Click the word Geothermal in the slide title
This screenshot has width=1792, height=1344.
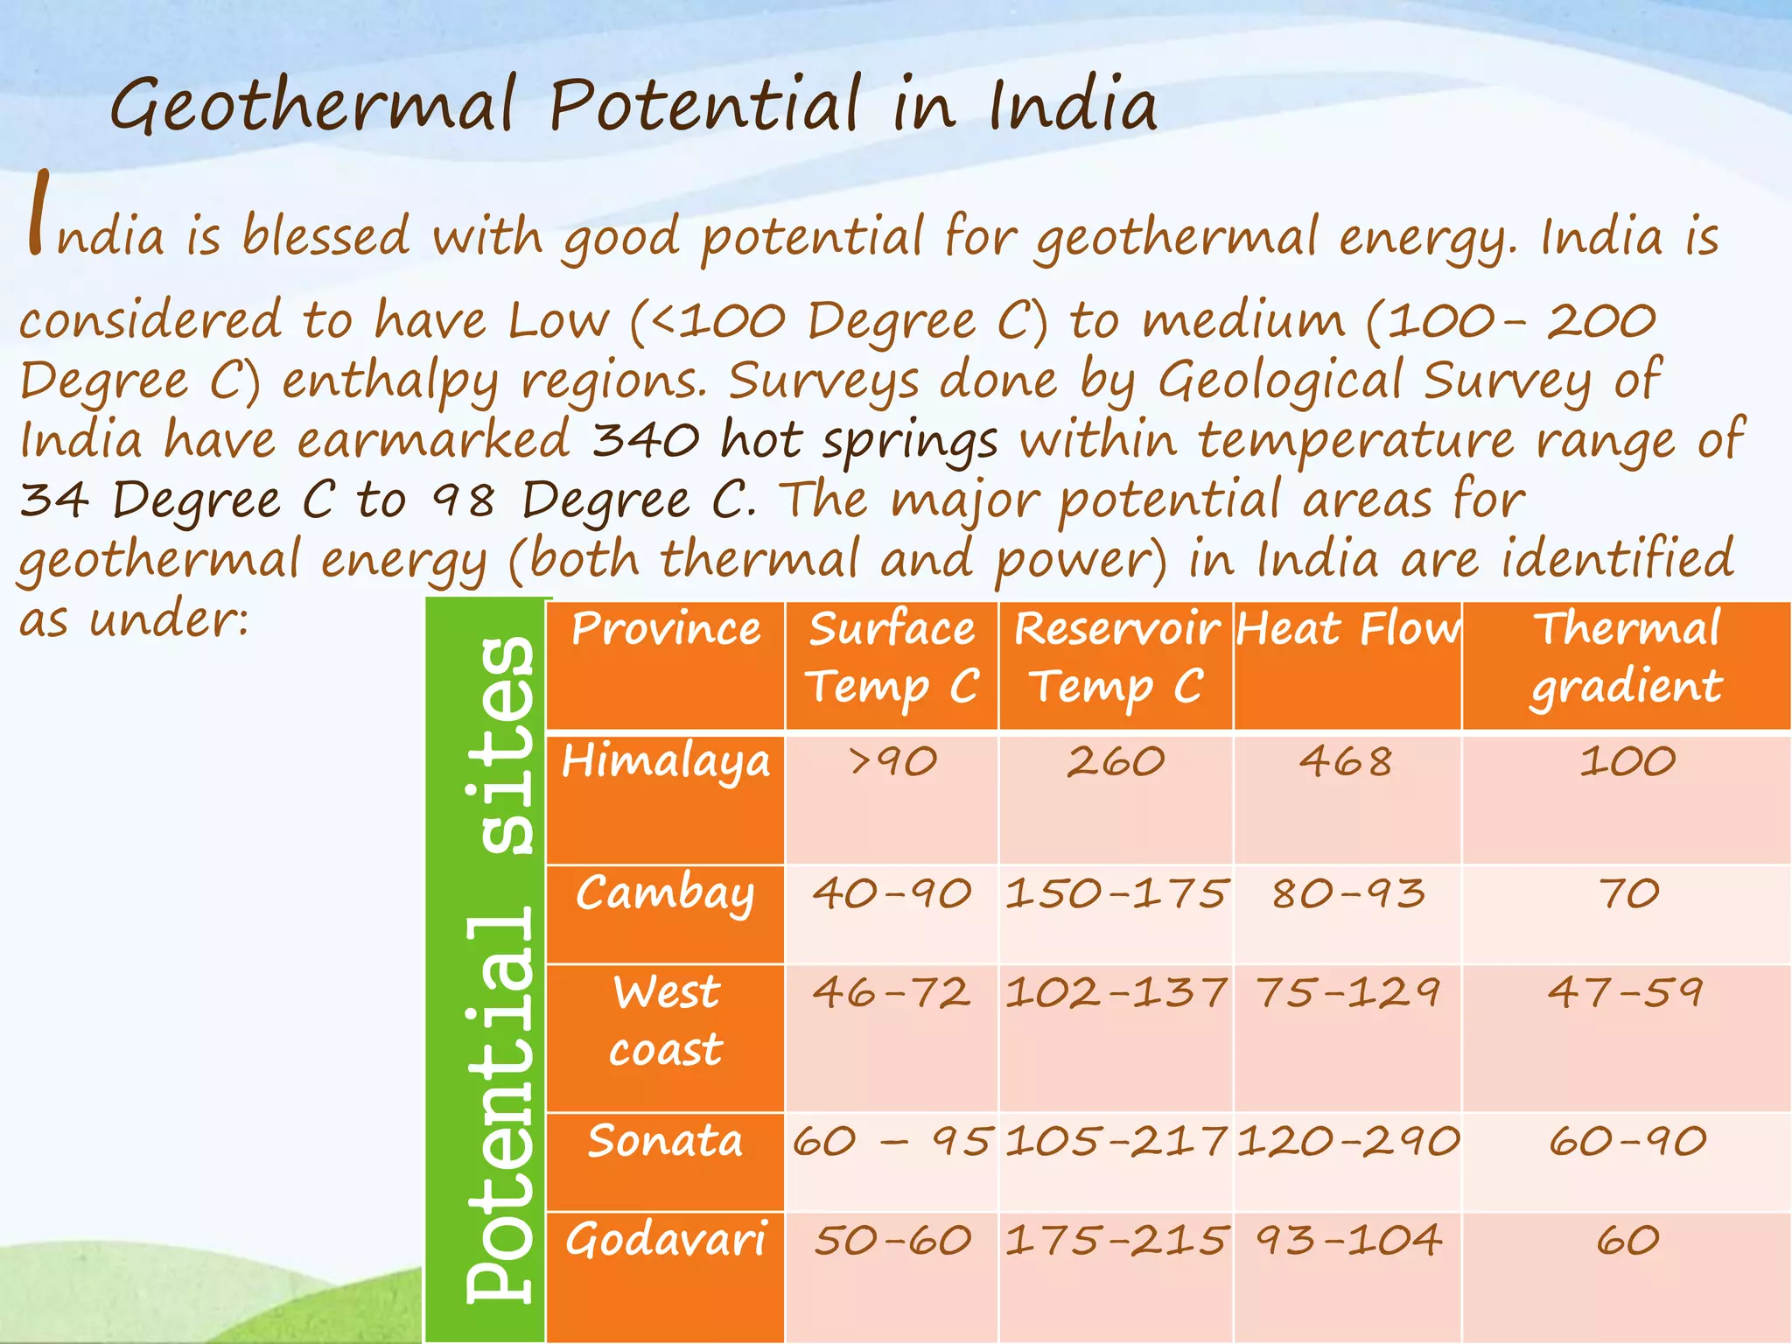coord(313,107)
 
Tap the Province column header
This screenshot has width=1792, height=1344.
coord(666,629)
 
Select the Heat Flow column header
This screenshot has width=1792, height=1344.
coord(1347,629)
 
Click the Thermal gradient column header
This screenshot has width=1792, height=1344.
coord(1627,657)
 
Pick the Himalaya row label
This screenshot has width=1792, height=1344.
coord(666,761)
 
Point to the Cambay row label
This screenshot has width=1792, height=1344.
coord(665,894)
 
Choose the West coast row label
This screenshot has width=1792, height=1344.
coord(666,1021)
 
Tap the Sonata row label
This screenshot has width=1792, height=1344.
coord(665,1141)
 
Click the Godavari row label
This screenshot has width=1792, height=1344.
coord(666,1241)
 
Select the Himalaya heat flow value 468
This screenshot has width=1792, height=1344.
coord(1346,761)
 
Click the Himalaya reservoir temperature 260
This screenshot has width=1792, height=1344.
coord(1116,761)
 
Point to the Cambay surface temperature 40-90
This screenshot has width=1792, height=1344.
coord(892,894)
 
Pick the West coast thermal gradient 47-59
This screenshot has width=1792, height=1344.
coord(1626,993)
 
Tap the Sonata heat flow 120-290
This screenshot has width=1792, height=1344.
coord(1347,1141)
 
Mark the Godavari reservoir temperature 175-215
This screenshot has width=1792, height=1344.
coord(1116,1241)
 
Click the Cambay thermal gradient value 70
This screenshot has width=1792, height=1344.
coord(1627,894)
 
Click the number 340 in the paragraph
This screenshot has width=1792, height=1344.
coord(646,440)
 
